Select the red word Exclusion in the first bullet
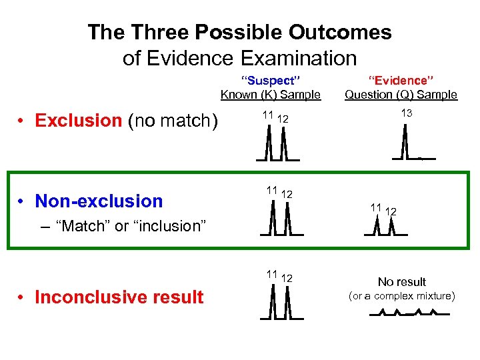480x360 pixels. point(78,121)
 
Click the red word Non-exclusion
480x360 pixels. point(99,201)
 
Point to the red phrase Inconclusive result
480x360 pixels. point(119,297)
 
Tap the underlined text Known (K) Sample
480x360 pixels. point(270,95)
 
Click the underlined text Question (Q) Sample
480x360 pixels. point(401,95)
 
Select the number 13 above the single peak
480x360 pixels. point(406,113)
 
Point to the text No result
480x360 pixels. point(402,282)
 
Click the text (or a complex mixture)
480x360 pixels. point(402,296)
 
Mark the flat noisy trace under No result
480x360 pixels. point(407,313)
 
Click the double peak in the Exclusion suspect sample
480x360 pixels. point(276,143)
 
